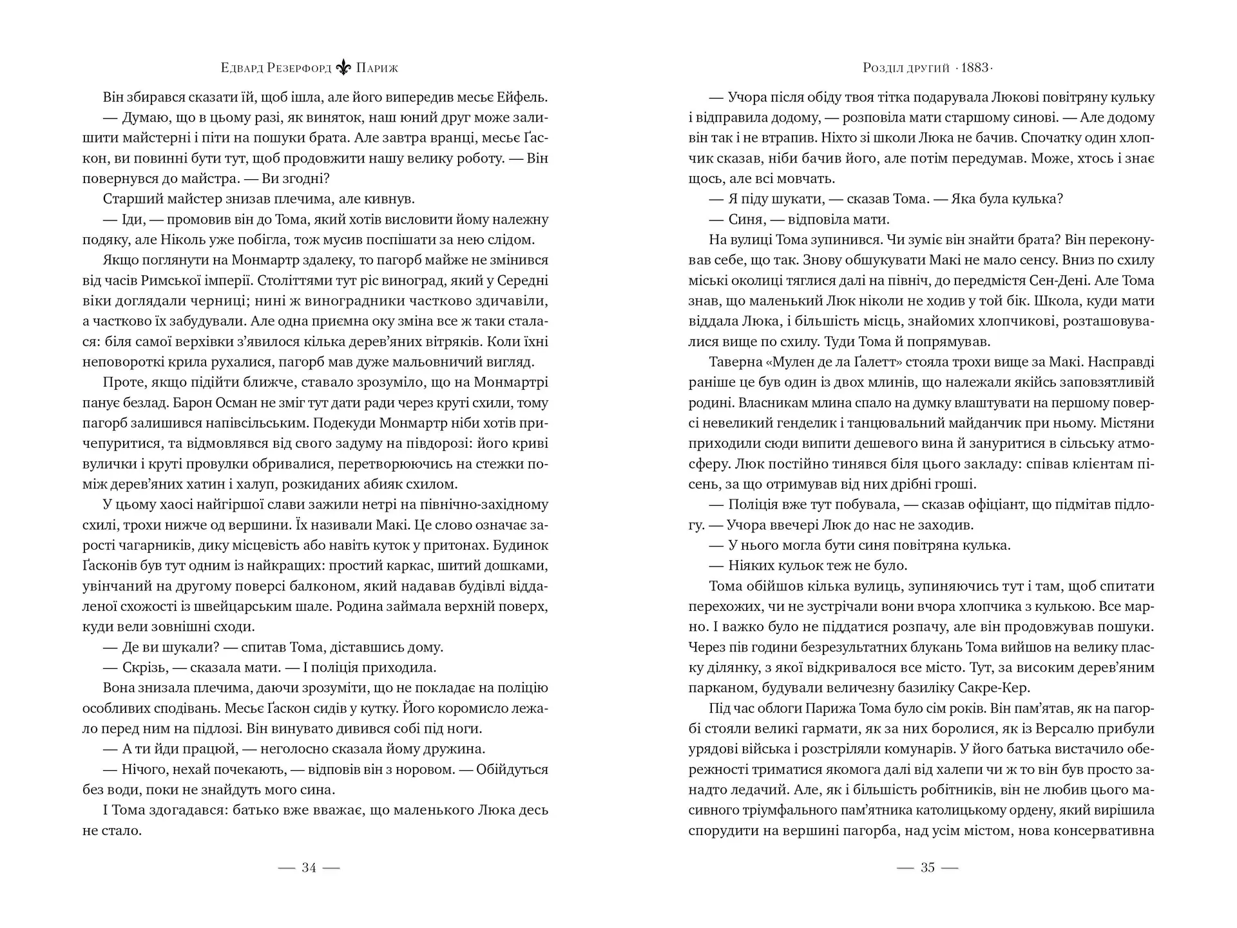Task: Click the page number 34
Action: [x=309, y=868]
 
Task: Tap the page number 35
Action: [x=927, y=868]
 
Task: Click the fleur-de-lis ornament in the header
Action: [x=344, y=68]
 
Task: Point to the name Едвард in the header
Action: [x=242, y=68]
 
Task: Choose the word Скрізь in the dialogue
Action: [x=144, y=668]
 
